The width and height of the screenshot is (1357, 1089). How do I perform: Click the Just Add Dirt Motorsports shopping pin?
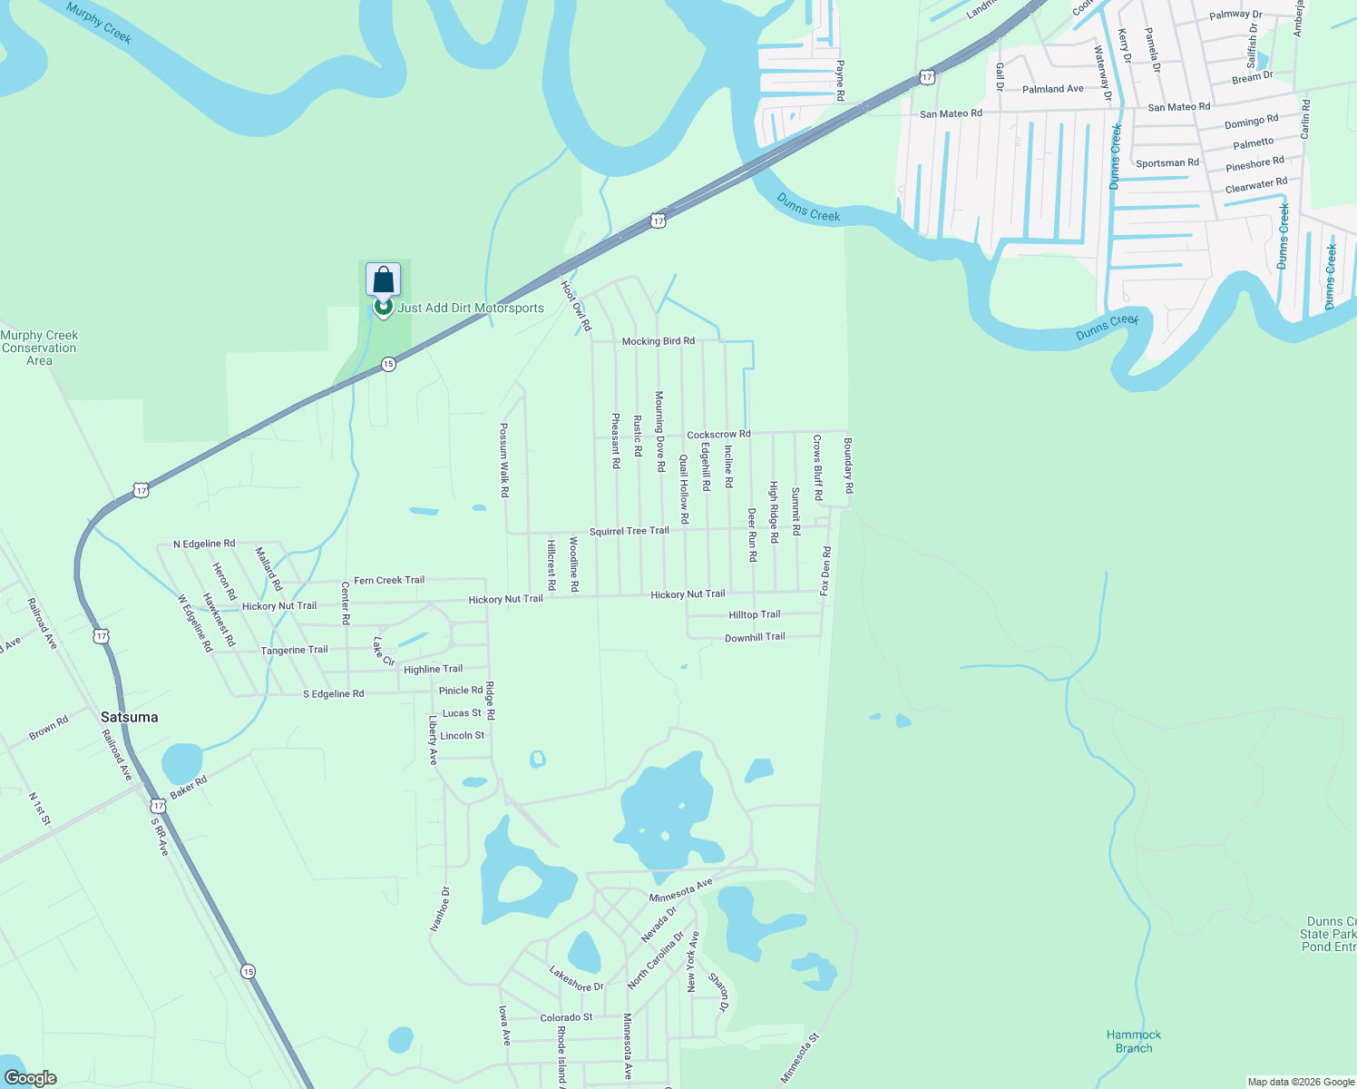click(383, 281)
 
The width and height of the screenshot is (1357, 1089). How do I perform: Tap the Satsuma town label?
click(129, 717)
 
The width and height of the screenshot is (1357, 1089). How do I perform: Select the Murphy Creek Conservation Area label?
click(39, 348)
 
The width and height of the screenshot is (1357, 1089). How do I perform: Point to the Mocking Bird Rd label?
click(659, 341)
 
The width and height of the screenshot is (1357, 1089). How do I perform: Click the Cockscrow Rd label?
click(718, 435)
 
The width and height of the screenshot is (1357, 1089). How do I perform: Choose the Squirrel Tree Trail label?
click(629, 531)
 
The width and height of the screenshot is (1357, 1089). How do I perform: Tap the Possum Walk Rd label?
click(504, 460)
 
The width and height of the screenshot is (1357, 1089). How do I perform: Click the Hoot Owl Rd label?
click(576, 305)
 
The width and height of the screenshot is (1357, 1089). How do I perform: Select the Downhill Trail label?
click(755, 637)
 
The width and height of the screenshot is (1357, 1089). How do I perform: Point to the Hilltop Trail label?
click(754, 614)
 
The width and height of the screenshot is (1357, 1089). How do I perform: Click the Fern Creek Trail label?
click(389, 580)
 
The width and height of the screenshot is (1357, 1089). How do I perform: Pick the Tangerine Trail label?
click(294, 651)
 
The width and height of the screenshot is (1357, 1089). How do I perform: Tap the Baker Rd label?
click(189, 787)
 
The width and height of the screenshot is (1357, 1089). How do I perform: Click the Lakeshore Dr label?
click(576, 978)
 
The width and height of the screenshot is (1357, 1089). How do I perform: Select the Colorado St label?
click(566, 1017)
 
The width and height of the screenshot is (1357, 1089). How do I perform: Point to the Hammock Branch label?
click(1134, 1041)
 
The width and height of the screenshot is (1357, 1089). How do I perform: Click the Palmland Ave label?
click(1052, 89)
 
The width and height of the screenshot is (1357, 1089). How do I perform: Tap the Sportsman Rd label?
click(1167, 163)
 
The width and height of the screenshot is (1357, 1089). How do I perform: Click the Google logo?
click(30, 1078)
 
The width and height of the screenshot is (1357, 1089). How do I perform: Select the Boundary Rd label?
click(848, 466)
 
